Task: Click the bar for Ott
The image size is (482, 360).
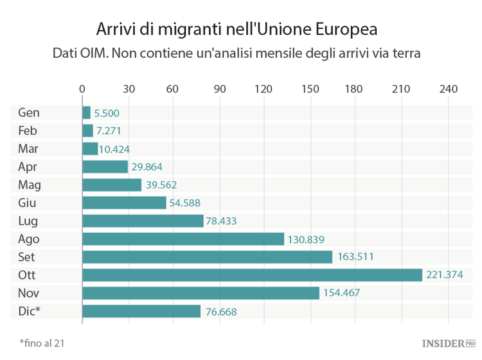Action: coord(252,275)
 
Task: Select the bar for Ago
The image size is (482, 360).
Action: coord(183,239)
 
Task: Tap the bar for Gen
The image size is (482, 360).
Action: coord(86,113)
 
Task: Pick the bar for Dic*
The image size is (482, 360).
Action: coord(141,311)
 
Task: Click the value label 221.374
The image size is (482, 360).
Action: coord(444,275)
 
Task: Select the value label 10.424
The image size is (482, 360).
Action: coord(114,149)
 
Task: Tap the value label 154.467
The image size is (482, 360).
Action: coord(341,293)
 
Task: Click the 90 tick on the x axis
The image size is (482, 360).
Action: coord(219,89)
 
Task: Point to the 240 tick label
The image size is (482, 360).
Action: coord(447,89)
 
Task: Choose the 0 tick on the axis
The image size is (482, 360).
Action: coord(82,89)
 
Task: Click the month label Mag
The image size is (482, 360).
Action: coord(29,185)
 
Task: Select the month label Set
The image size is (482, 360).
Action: coord(28,257)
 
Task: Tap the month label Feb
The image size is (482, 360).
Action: coord(28,130)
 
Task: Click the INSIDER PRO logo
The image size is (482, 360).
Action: coord(448,344)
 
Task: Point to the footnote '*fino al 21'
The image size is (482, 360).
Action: coord(42,343)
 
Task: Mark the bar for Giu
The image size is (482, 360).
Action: coord(124,203)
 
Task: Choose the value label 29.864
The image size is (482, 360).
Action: coord(147,167)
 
